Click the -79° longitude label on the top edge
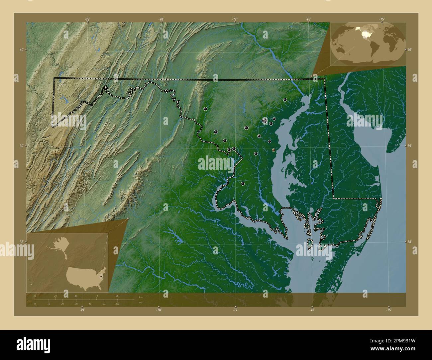click(87, 19)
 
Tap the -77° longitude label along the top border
click(235, 19)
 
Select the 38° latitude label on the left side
click(21, 242)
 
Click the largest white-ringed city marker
click(265, 120)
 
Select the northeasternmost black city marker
click(285, 99)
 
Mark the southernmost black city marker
click(243, 183)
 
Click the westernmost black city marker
click(206, 109)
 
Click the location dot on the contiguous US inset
click(101, 272)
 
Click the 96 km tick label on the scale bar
click(117, 296)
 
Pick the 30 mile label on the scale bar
click(76, 304)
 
